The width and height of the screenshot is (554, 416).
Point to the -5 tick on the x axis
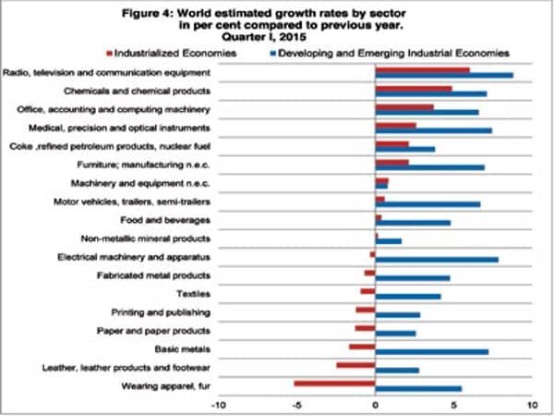[296, 404]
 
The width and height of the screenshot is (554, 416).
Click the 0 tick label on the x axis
[375, 404]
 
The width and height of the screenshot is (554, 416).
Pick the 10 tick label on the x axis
[531, 404]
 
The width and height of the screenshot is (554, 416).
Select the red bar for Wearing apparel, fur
[334, 382]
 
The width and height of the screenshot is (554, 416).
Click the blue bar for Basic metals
[431, 351]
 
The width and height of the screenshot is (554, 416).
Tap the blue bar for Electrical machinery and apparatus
[437, 260]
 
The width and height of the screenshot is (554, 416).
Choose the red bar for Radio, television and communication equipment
[422, 70]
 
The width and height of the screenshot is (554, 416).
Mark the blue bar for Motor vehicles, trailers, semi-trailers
[428, 204]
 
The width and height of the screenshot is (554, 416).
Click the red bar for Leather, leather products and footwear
[355, 364]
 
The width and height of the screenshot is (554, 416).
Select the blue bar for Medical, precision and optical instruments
[433, 130]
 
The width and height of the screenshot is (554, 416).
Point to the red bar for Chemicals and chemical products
[413, 89]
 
